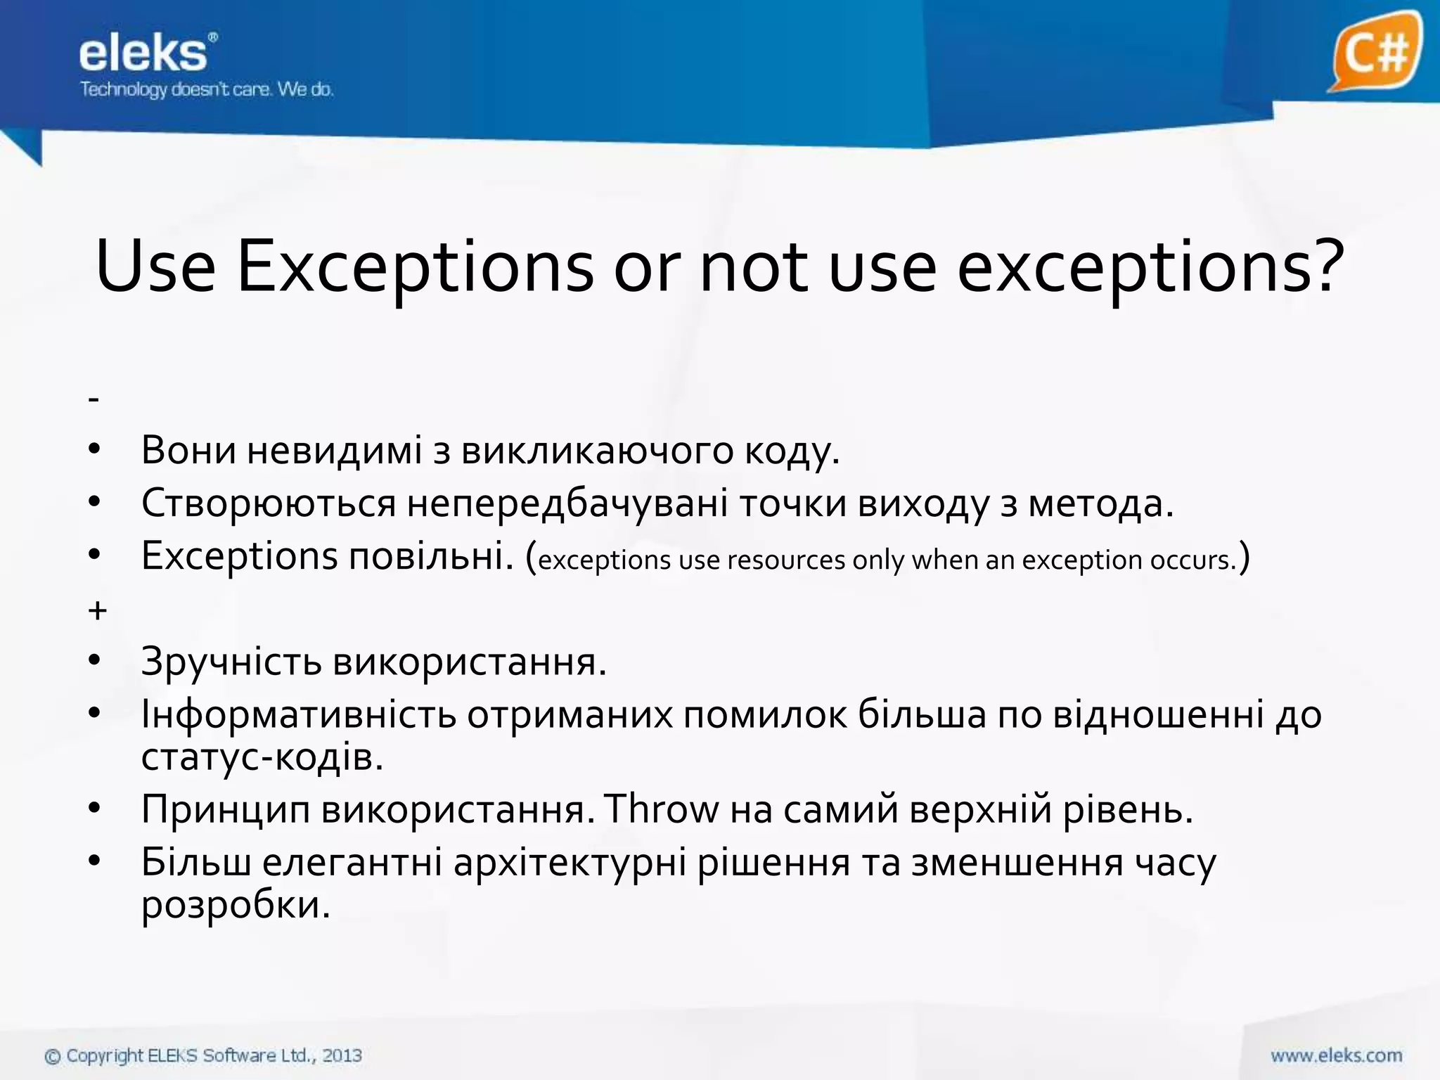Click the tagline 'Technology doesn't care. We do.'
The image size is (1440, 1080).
point(207,90)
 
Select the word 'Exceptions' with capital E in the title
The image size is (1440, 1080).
point(415,268)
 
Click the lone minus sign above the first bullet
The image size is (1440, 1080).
point(94,399)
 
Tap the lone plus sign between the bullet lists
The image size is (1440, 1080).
point(97,610)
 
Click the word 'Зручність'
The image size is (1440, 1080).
point(231,662)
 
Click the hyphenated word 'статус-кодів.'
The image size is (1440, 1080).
point(262,757)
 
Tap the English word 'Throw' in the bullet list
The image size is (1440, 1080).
point(662,809)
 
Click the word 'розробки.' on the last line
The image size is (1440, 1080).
point(236,905)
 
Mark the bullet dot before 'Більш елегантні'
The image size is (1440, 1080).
point(96,861)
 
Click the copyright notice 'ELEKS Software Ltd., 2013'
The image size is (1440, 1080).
point(254,1055)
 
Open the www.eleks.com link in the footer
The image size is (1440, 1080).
point(1336,1055)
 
